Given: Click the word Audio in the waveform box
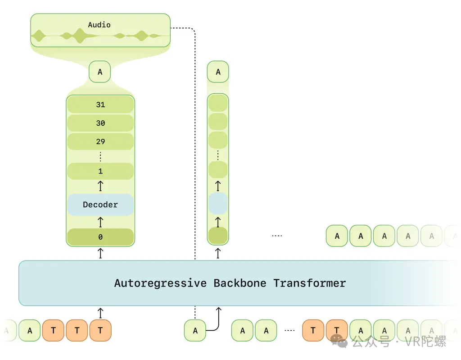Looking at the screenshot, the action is [x=99, y=25].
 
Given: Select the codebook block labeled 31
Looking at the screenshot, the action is [x=100, y=105].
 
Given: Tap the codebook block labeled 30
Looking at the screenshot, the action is [x=100, y=123].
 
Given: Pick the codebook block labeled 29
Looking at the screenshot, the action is [x=100, y=141].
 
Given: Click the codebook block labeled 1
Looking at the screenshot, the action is [x=100, y=171].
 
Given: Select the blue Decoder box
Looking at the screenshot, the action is [x=100, y=205].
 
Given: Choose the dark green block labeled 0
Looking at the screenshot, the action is [x=100, y=237].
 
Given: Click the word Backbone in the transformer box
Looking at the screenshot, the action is [x=240, y=283].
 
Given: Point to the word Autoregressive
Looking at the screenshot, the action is [x=161, y=283].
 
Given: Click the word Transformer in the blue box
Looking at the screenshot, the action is [x=310, y=283].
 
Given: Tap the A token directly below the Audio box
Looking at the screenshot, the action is [x=100, y=72].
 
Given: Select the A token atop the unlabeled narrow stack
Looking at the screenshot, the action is [x=218, y=72].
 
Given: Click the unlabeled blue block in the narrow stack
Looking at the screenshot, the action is [x=218, y=203].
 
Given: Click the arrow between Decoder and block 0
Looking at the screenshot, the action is [x=100, y=222].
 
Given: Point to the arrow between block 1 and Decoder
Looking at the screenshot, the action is [x=100, y=186].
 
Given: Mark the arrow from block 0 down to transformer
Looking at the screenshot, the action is [x=100, y=253].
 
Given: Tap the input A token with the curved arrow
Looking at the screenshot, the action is [x=195, y=331].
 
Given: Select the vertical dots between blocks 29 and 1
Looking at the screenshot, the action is [x=100, y=157].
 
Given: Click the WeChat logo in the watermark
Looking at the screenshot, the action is [x=339, y=342].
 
